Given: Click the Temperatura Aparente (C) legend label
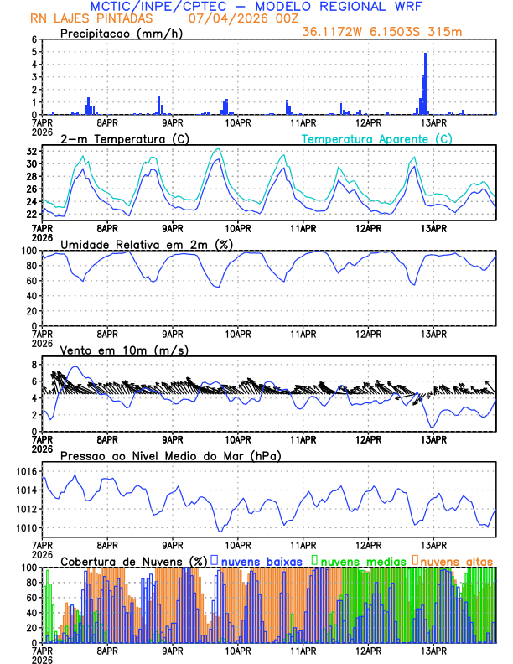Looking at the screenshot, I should click(376, 138).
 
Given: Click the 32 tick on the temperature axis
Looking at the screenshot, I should click(31, 151).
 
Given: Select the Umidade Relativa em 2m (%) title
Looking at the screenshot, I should click(148, 244).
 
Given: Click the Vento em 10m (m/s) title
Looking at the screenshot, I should click(125, 350).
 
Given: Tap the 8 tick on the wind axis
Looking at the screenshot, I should click(34, 365).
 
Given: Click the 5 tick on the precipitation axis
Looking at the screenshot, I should click(34, 51).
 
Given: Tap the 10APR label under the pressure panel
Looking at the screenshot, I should click(238, 542).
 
